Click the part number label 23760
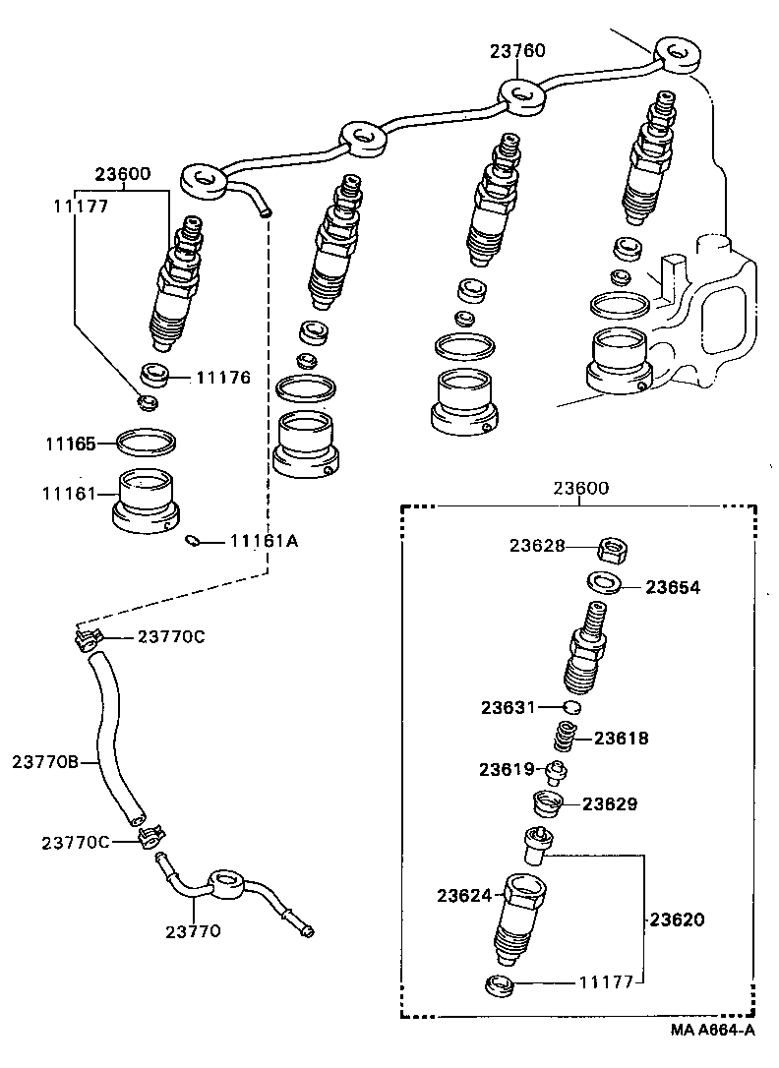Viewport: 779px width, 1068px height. [x=518, y=51]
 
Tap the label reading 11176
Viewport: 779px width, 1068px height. [x=223, y=377]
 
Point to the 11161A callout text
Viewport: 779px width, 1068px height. [x=264, y=540]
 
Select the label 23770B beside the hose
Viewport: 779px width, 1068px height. [x=44, y=760]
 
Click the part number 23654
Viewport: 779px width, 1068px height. [x=674, y=587]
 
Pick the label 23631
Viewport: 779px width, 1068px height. [x=508, y=707]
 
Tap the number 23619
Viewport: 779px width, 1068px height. [x=507, y=769]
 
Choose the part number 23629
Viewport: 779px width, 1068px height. [x=610, y=803]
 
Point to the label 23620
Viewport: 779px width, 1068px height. [x=678, y=920]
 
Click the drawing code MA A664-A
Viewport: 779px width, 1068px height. [x=713, y=1030]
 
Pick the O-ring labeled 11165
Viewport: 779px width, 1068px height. [x=147, y=442]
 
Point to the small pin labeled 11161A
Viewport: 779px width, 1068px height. [x=195, y=540]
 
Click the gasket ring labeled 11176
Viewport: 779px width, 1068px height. [x=155, y=374]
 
